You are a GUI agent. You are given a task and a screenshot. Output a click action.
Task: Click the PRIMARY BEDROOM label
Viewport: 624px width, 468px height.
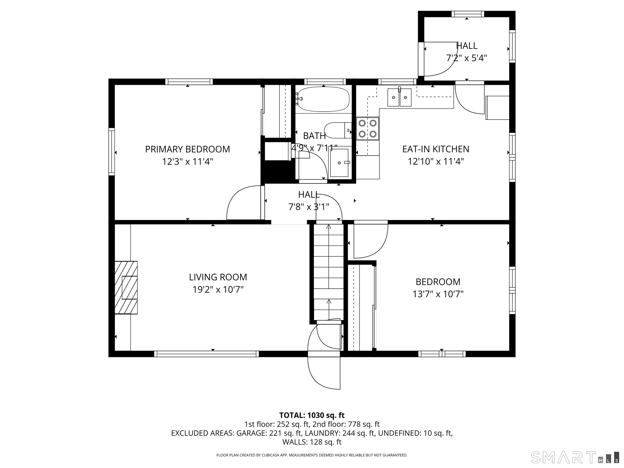pyautogui.click(x=187, y=149)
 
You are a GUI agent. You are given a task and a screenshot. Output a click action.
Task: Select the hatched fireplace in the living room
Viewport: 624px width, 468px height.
pyautogui.click(x=126, y=287)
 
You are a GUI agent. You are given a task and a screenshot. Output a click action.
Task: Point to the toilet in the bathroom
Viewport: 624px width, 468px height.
pyautogui.click(x=337, y=130)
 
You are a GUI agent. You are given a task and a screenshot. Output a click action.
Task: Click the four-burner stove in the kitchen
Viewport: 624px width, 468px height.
pyautogui.click(x=368, y=129)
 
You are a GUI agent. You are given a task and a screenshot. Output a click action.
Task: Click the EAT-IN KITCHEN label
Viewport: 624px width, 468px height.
pyautogui.click(x=435, y=149)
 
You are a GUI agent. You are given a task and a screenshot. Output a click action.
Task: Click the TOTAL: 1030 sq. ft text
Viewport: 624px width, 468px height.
pyautogui.click(x=312, y=415)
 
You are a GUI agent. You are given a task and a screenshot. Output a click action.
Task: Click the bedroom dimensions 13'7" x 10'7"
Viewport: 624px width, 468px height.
pyautogui.click(x=438, y=294)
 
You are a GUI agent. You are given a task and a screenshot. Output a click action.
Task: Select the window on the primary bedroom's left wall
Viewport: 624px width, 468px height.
pyautogui.click(x=112, y=152)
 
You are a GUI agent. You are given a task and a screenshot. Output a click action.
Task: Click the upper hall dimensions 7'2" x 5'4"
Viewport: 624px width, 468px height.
pyautogui.click(x=467, y=58)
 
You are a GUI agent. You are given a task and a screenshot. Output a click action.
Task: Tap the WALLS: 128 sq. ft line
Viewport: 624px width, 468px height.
pyautogui.click(x=312, y=442)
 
